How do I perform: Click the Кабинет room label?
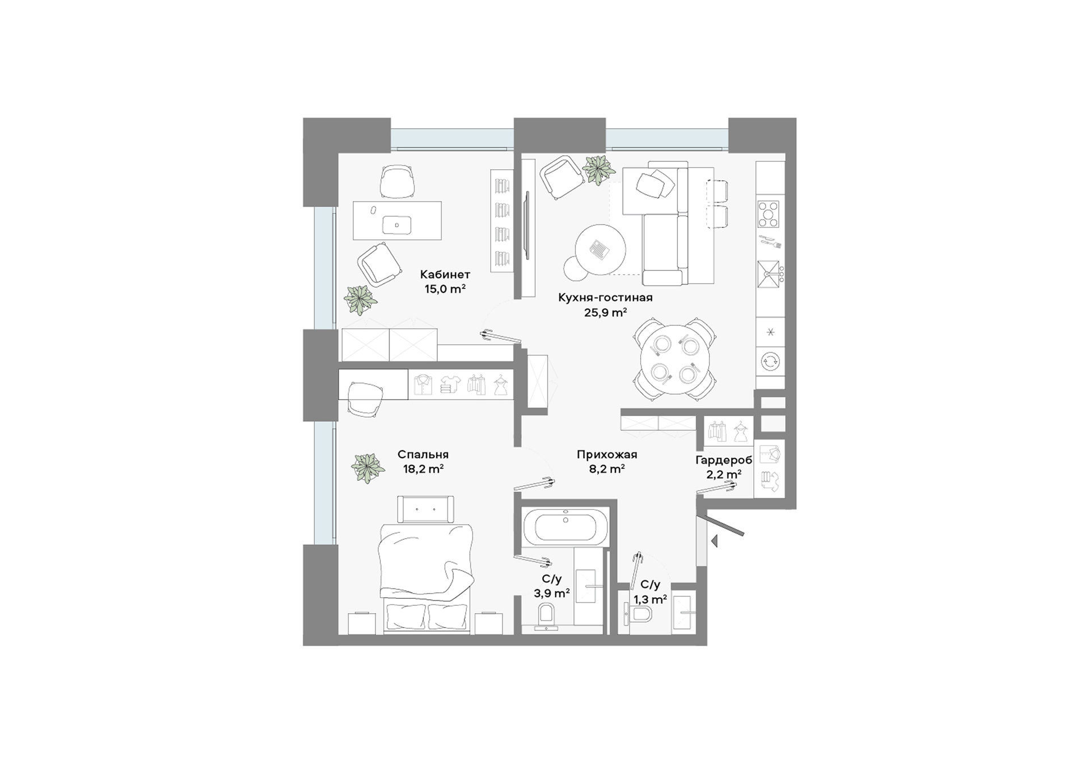[x=445, y=275]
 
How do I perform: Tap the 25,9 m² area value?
[x=605, y=312]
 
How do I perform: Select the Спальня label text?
[x=423, y=455]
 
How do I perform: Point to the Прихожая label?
[x=607, y=455]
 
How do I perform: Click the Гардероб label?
[x=724, y=460]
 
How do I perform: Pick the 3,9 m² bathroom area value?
[x=552, y=593]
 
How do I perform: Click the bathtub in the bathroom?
[x=565, y=525]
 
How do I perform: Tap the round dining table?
[x=674, y=359]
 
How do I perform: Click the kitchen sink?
[x=769, y=274]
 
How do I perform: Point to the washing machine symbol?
[x=770, y=361]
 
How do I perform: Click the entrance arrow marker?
[x=715, y=542]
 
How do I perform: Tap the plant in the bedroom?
[x=368, y=468]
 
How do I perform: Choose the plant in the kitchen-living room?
[x=599, y=170]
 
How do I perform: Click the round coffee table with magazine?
[x=601, y=249]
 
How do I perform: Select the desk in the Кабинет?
[x=397, y=220]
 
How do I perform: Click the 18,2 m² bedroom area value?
[x=423, y=469]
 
